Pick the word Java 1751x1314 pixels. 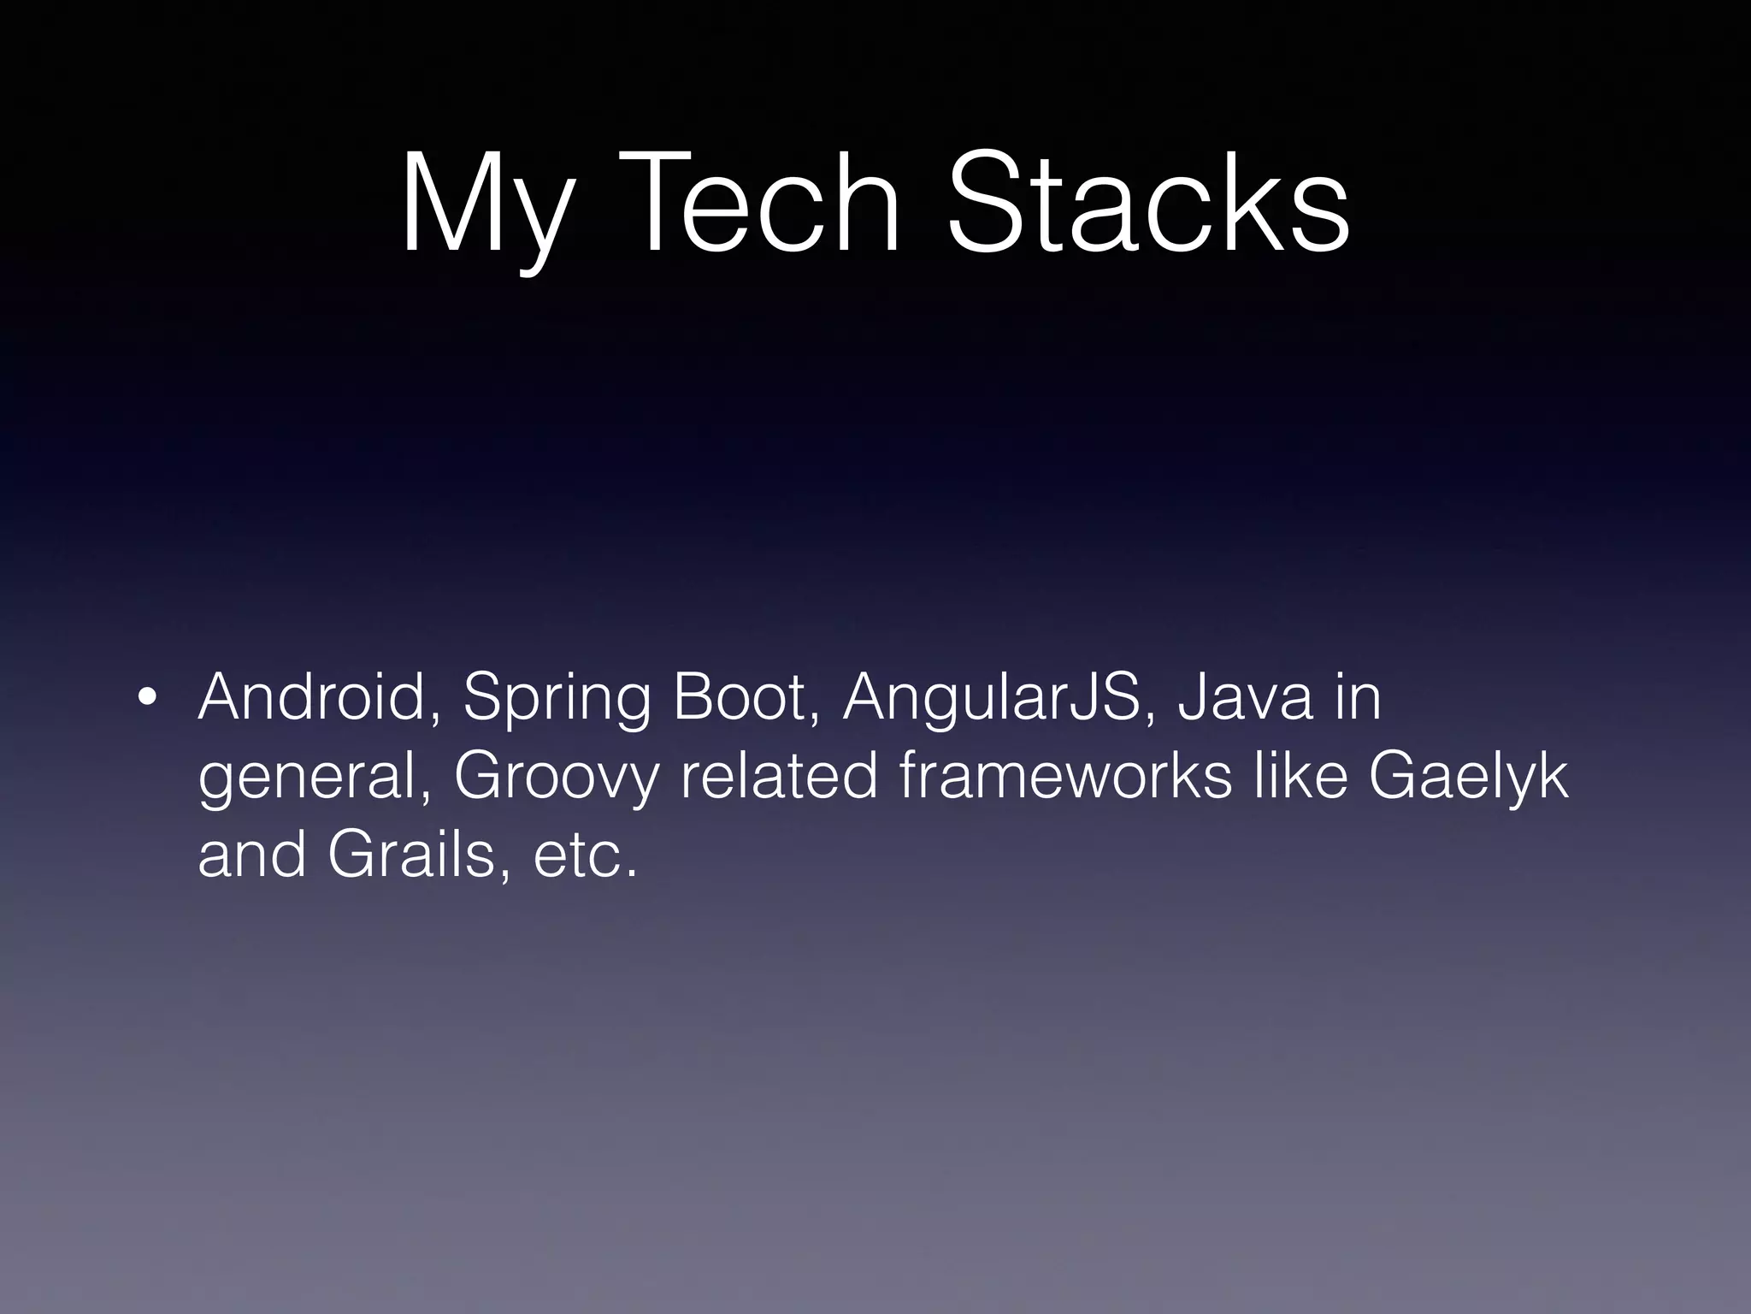pyautogui.click(x=1245, y=697)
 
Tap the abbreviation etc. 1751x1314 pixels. pyautogui.click(x=585, y=855)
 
